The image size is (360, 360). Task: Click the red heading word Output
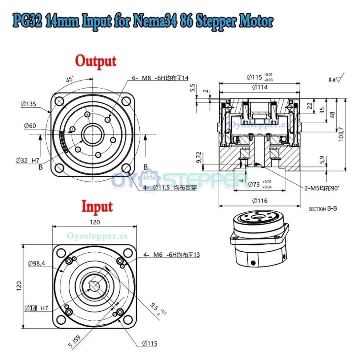tap(96, 61)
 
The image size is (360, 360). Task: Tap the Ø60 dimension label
tap(29, 126)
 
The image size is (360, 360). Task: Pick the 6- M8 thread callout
tap(160, 77)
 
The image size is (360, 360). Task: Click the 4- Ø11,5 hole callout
tap(169, 188)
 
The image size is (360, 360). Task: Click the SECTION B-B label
tap(323, 209)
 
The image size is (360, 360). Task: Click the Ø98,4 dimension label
tap(36, 264)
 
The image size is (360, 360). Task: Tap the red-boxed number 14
tap(33, 308)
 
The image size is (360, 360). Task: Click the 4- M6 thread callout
tap(171, 255)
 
